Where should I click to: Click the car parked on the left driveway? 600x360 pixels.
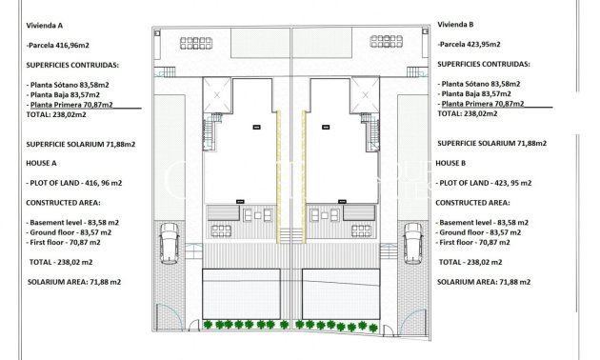click(x=170, y=243)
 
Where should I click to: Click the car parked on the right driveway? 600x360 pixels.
click(x=413, y=243)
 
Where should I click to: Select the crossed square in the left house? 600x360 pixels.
click(x=217, y=95)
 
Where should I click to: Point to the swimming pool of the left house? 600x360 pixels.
click(x=241, y=287)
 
